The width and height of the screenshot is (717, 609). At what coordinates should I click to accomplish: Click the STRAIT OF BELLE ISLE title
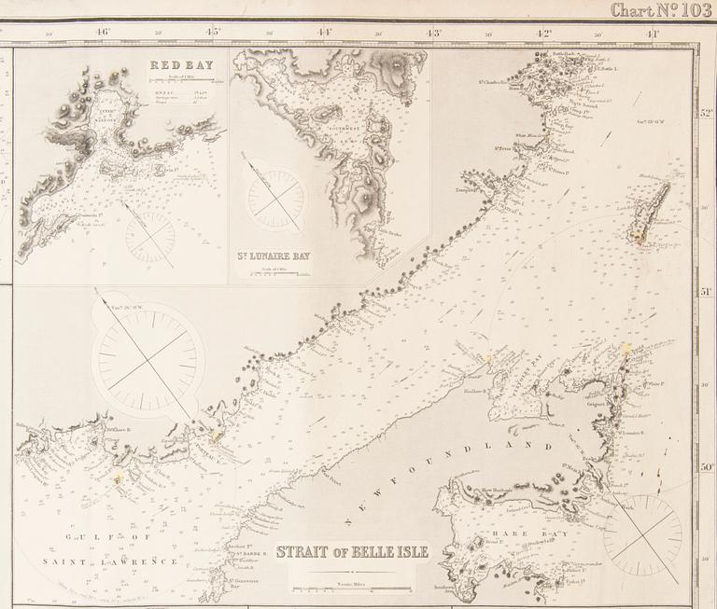tap(352, 551)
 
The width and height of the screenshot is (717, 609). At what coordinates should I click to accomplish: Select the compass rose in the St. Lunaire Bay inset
tap(274, 197)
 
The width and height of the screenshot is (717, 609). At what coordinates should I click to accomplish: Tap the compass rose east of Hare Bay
tap(641, 533)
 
